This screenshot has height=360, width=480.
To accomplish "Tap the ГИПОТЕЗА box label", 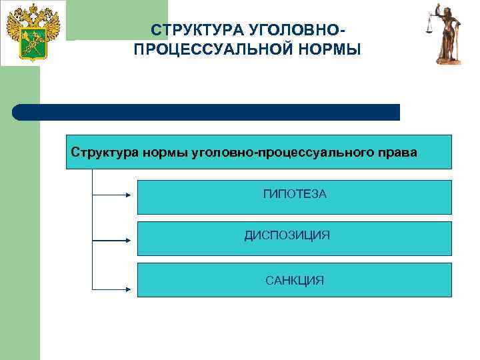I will (x=295, y=194).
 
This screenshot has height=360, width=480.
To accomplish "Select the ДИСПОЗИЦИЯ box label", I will (x=287, y=235).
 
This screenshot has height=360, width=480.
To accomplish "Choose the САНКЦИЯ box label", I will (x=295, y=281).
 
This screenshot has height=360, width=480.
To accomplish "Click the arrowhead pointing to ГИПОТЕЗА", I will (x=131, y=195).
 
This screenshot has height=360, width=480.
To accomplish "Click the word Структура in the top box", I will (x=105, y=152).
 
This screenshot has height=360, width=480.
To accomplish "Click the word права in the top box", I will (x=397, y=152).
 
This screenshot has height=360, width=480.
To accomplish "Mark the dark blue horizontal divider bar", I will (x=207, y=112).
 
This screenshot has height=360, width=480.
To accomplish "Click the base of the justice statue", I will (x=449, y=61).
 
